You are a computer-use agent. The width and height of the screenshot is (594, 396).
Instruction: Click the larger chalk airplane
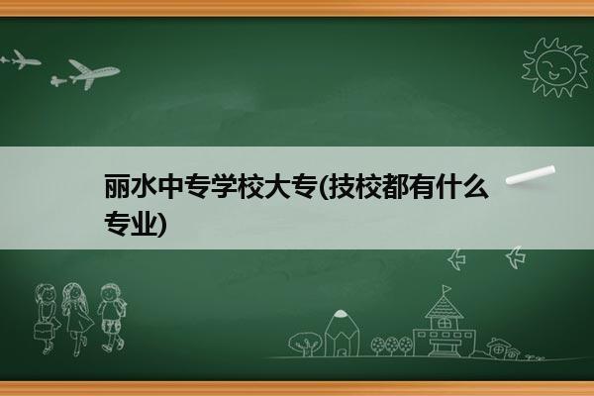(92, 73)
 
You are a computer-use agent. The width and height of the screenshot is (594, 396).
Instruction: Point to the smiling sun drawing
(555, 66)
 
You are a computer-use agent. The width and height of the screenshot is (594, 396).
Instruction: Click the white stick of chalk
(531, 175)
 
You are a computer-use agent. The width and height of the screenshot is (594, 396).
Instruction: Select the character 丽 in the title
(117, 187)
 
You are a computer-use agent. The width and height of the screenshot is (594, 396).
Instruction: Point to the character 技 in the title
(341, 187)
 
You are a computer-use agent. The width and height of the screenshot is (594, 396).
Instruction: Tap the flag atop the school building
(447, 289)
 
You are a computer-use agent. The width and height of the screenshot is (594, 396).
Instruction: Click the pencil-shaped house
(342, 333)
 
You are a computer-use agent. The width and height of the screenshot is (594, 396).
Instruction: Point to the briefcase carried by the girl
(42, 331)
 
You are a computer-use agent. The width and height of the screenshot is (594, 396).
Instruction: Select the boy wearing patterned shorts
(111, 318)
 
